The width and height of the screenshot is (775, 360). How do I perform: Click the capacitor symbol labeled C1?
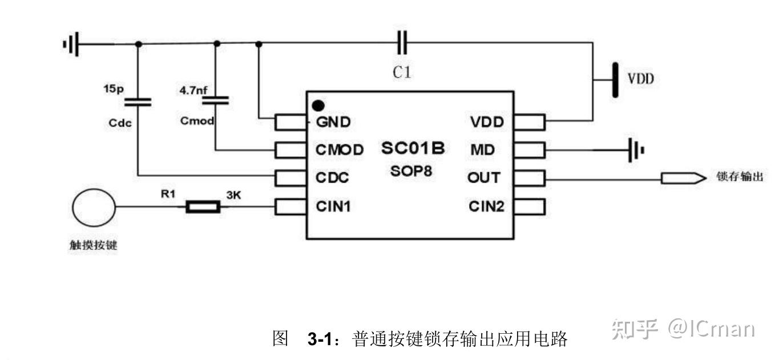(402, 43)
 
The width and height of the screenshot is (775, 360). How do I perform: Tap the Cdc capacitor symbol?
(138, 102)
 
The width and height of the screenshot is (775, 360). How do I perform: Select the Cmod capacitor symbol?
(216, 100)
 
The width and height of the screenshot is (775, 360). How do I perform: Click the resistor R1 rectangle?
(203, 207)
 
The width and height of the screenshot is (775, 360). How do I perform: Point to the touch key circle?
(93, 207)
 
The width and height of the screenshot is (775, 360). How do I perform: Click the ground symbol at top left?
(71, 43)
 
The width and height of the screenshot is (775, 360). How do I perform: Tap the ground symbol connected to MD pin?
(635, 150)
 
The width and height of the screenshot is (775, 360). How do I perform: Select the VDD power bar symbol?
(615, 80)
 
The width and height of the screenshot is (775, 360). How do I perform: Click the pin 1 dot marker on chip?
(319, 106)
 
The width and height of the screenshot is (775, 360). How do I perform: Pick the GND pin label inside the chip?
(333, 122)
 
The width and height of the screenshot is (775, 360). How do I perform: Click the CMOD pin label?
(340, 150)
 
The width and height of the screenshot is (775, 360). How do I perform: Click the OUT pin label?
(483, 178)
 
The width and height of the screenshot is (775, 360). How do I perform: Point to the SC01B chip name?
(413, 148)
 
